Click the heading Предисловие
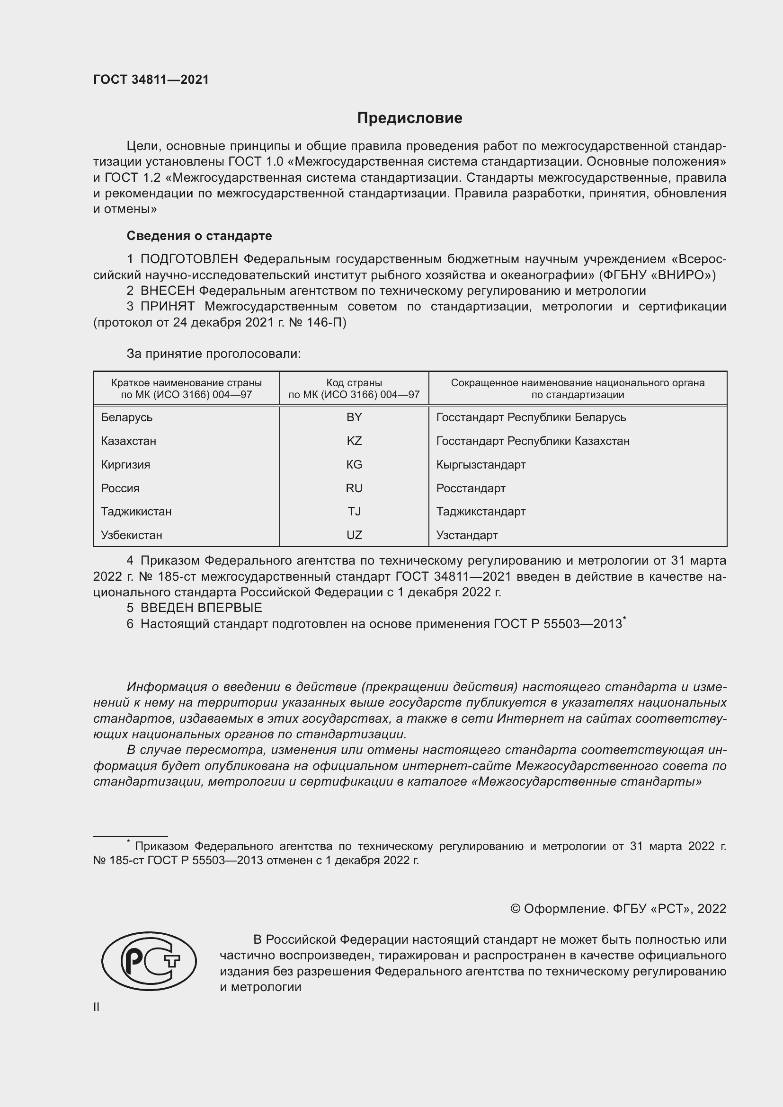tap(409, 118)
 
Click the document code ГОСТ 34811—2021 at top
tap(151, 80)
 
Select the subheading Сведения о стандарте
tap(199, 236)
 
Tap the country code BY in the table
tap(354, 417)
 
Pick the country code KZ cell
tap(354, 441)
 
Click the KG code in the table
tap(354, 465)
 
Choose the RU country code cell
tap(354, 488)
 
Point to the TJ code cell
tap(354, 512)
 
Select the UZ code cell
tap(354, 535)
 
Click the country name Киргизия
tap(125, 465)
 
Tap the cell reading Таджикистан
tap(136, 512)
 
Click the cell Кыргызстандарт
tap(480, 465)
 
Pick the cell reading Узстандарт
tap(467, 535)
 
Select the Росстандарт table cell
tap(471, 488)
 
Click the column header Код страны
tap(354, 383)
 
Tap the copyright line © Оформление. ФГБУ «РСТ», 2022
tap(618, 909)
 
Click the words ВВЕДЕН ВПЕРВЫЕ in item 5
tap(201, 608)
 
